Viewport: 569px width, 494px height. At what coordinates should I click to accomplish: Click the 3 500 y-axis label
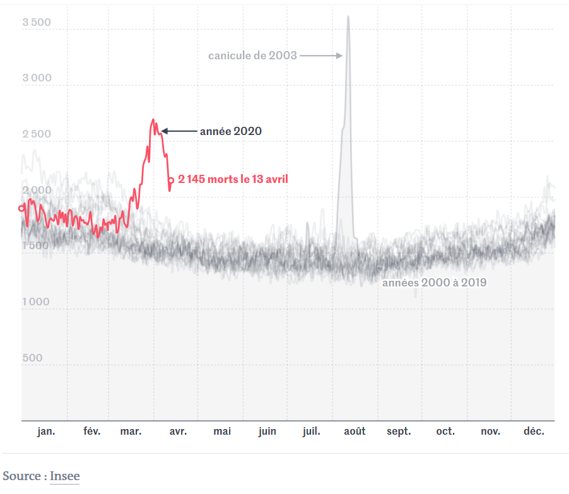[36, 23]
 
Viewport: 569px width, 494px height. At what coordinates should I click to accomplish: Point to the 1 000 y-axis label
[36, 302]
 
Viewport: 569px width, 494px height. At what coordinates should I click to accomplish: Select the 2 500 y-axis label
[36, 134]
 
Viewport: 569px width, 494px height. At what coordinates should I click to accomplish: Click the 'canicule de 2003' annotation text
[252, 56]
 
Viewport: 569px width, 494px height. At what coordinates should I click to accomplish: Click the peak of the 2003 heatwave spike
[348, 17]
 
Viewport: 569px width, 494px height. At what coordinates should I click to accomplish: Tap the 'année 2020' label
[230, 131]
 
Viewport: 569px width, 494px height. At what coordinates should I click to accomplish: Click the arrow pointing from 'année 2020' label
[179, 131]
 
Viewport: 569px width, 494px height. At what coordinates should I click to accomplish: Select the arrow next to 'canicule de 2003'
[321, 56]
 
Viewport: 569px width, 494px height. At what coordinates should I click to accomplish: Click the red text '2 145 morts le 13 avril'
[233, 179]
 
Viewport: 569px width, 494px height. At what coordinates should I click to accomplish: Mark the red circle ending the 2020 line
[170, 180]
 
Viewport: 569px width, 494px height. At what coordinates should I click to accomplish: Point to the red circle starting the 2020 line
[21, 208]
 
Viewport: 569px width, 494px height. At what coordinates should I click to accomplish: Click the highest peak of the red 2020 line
[153, 120]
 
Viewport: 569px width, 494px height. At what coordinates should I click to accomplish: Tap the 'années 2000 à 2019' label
[434, 283]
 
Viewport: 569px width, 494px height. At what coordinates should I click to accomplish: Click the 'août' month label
[355, 432]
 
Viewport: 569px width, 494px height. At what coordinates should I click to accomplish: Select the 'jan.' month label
[46, 432]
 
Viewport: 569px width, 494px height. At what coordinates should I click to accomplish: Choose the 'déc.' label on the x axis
[534, 432]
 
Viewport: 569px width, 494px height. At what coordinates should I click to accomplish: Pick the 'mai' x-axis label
[222, 432]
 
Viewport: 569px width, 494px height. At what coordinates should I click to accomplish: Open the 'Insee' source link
[65, 476]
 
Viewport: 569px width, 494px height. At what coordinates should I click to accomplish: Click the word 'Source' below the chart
[22, 476]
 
